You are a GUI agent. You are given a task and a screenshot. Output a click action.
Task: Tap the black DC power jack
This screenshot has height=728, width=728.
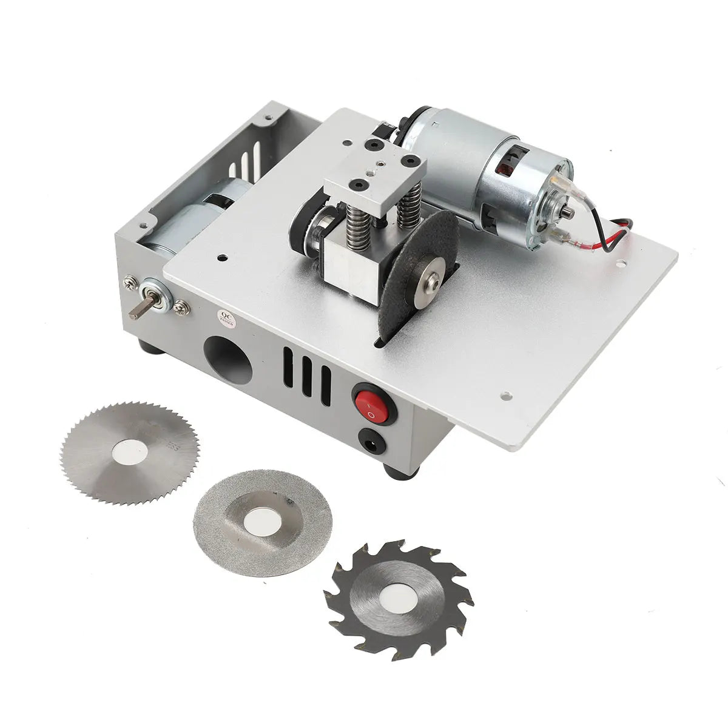tap(371, 442)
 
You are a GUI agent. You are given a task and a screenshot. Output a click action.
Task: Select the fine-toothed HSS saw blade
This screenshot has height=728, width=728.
tap(130, 452)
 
